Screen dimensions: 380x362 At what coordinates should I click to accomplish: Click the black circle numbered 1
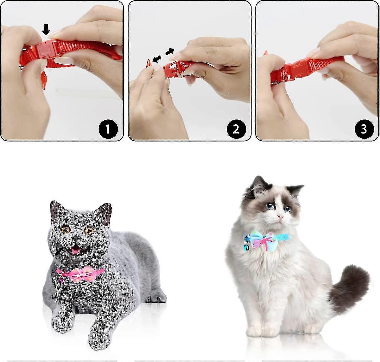(108, 129)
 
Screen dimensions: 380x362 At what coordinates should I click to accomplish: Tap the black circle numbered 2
(236, 129)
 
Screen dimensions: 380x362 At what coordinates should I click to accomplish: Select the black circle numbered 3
(364, 129)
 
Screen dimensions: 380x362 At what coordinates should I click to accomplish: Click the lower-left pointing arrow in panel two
(157, 59)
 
